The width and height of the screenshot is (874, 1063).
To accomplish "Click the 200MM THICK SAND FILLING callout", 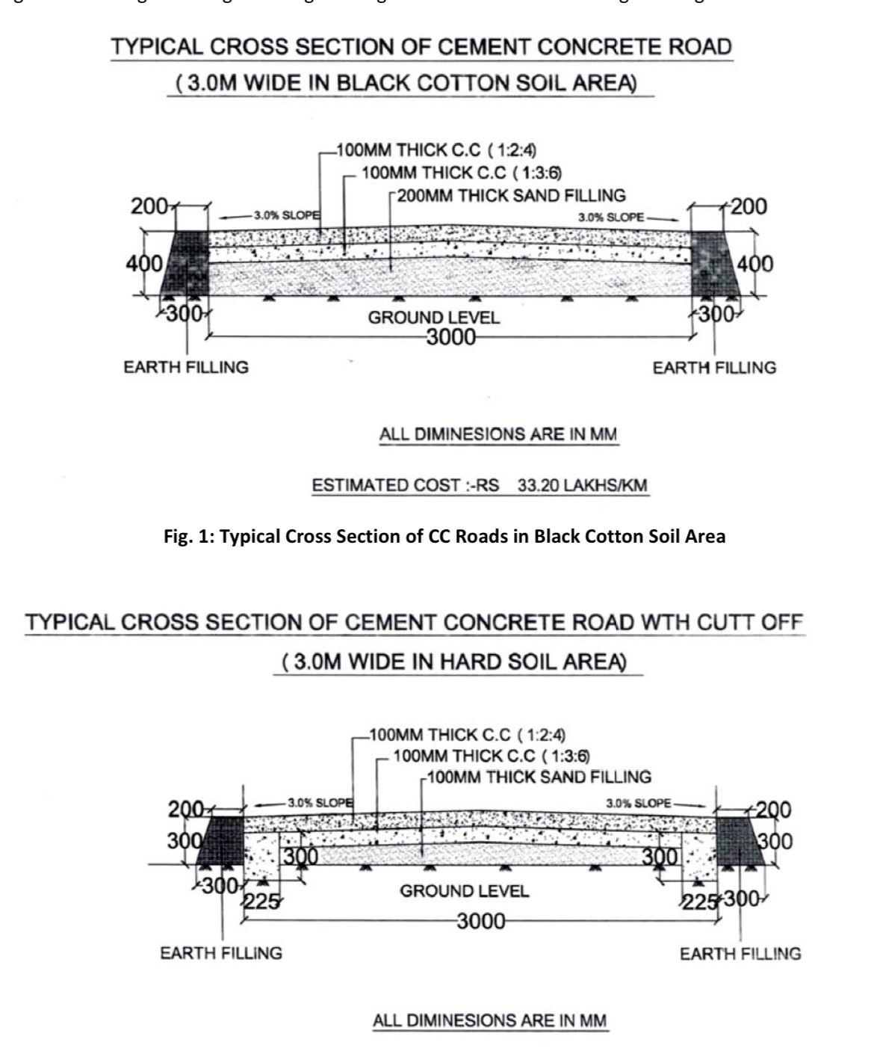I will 511,196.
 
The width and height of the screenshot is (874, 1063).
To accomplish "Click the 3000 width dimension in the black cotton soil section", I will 450,338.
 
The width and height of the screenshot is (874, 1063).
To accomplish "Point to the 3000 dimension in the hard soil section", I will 481,921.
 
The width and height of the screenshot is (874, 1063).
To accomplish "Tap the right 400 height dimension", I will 755,264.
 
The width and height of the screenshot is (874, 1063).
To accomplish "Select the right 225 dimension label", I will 699,902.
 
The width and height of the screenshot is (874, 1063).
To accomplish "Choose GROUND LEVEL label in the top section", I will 433,318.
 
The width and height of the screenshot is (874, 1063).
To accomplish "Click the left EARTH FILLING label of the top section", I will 186,368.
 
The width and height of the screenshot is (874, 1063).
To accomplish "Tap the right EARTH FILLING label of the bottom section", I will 740,954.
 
